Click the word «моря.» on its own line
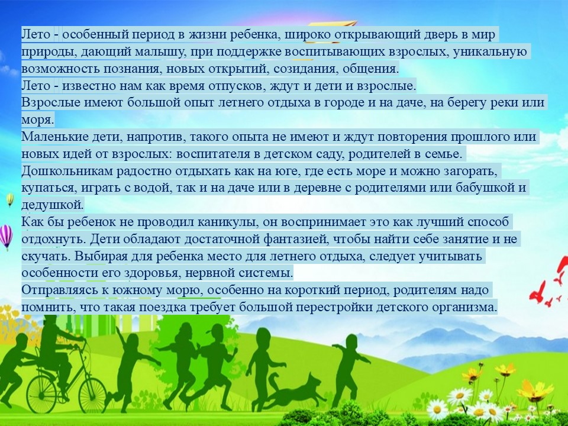click(38, 120)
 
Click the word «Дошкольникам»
click(67, 171)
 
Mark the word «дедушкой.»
click(53, 205)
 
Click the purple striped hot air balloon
click(6, 237)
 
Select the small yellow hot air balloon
click(10, 199)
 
